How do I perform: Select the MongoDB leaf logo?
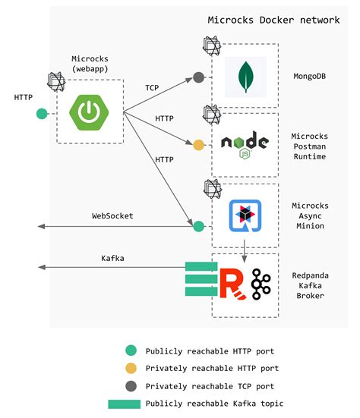245,76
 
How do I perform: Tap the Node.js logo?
245,143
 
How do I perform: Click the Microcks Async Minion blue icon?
245,215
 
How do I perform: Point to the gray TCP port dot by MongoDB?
199,77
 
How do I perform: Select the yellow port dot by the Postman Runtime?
199,144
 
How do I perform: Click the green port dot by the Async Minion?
199,226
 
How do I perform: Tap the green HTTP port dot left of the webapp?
43,114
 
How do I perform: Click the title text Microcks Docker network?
273,20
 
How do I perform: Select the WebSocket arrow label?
112,216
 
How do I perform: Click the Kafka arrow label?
112,258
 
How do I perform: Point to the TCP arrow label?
153,88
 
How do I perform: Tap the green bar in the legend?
123,404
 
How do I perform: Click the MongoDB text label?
309,76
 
